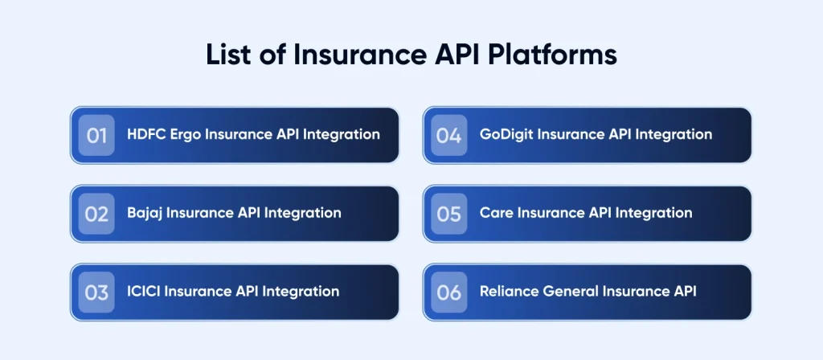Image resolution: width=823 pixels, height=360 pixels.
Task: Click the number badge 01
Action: [x=96, y=135]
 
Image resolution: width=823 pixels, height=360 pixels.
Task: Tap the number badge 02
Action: [x=96, y=214]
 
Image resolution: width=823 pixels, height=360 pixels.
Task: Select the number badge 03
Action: [x=96, y=292]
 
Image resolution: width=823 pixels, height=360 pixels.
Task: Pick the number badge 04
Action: [x=448, y=135]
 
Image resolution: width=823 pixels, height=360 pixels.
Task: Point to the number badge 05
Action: [x=448, y=214]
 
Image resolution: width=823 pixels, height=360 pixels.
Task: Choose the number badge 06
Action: [x=448, y=292]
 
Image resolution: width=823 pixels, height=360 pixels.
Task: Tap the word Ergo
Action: [x=186, y=135]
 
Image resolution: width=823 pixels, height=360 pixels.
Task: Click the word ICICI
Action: [x=144, y=291]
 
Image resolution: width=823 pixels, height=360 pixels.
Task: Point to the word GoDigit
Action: [x=506, y=135]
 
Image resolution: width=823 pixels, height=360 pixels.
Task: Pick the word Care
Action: [x=494, y=212]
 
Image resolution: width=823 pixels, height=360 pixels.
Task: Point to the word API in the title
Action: [x=456, y=55]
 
